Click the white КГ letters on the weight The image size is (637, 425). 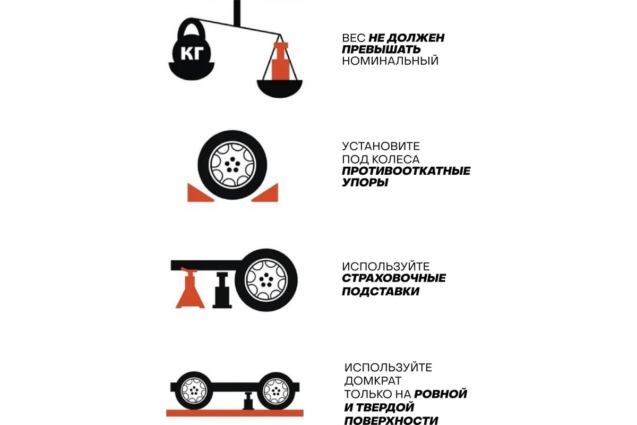[x=192, y=53]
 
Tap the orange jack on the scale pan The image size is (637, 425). [x=280, y=61]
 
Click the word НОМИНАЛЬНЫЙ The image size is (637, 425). [x=390, y=61]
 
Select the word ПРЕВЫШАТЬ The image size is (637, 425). [x=381, y=49]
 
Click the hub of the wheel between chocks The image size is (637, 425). [x=233, y=165]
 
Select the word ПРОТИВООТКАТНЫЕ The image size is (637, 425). [x=406, y=171]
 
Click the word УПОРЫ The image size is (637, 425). [x=365, y=182]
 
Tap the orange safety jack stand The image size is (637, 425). [x=190, y=289]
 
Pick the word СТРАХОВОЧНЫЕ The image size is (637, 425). [x=394, y=278]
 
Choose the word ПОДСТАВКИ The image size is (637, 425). [x=381, y=292]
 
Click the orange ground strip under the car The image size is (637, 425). [x=235, y=413]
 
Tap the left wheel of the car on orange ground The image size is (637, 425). [x=194, y=390]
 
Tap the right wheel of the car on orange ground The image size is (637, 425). [x=276, y=391]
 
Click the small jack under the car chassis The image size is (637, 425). [x=248, y=401]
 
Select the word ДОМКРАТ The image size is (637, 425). [x=373, y=380]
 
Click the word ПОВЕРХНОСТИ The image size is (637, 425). [x=391, y=420]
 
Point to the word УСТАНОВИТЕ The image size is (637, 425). [x=381, y=146]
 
